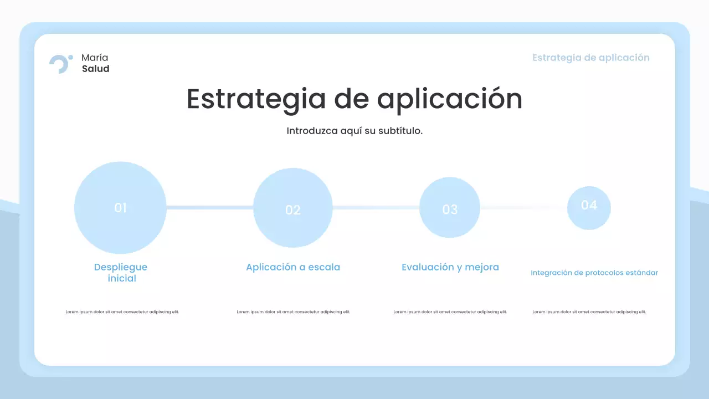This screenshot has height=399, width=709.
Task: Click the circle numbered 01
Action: click(120, 208)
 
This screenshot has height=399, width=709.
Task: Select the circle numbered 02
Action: click(292, 208)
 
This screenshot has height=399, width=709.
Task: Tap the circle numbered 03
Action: click(450, 208)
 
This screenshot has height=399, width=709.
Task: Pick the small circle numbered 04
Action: click(589, 208)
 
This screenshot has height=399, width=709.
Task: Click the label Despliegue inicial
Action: click(121, 273)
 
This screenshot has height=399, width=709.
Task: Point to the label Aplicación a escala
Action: click(293, 267)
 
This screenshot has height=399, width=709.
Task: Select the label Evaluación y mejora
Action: click(450, 267)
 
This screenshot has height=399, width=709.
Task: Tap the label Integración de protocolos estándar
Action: click(594, 273)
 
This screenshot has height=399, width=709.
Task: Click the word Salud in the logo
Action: click(95, 69)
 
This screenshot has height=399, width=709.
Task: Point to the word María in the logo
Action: click(95, 58)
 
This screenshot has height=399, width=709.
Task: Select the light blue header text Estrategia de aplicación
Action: click(590, 58)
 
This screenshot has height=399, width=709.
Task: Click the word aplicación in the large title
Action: click(449, 100)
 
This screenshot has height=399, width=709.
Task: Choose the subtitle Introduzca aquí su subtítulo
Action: click(354, 131)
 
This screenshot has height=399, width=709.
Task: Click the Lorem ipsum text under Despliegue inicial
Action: click(122, 312)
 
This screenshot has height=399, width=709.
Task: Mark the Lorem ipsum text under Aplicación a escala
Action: click(294, 312)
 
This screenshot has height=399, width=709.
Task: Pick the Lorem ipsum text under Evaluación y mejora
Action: click(450, 312)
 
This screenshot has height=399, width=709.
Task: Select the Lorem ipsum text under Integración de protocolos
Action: click(589, 312)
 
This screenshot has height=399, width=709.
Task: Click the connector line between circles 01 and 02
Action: click(209, 208)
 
